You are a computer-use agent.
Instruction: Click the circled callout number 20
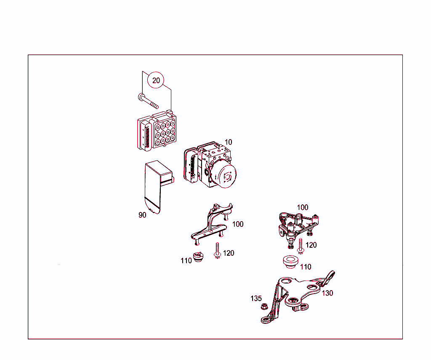pos(156,80)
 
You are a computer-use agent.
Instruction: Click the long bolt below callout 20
pos(148,101)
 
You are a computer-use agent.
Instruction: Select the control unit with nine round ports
pos(157,130)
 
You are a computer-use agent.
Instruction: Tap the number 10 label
pos(229,142)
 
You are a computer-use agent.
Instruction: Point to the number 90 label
pos(142,215)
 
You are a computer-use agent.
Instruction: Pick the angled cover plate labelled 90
pos(158,187)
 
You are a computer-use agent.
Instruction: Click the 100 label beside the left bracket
pos(238,224)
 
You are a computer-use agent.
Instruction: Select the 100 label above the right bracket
pos(303,207)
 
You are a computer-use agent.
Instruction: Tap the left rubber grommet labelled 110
pos(198,257)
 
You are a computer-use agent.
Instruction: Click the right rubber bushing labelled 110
pos(290,262)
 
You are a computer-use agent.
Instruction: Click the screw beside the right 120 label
pos(301,246)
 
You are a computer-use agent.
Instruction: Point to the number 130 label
pos(327,293)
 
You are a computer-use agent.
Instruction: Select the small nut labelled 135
pos(264,306)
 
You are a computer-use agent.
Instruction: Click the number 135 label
pos(256,299)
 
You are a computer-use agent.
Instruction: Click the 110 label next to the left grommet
pos(186,261)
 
